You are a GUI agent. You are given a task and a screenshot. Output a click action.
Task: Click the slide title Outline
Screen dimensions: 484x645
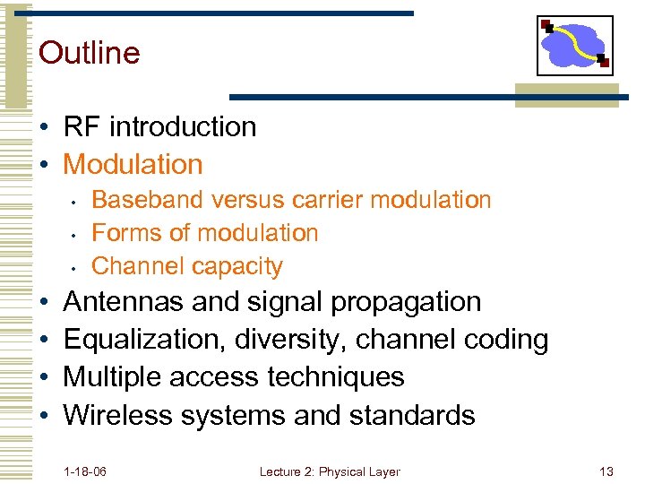tap(90, 53)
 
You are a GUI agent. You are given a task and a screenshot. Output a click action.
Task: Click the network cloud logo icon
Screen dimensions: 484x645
tap(574, 45)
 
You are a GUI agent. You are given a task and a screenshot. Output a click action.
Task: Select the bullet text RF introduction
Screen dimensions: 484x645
tap(159, 127)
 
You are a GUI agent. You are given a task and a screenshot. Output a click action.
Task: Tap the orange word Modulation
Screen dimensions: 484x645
tap(133, 165)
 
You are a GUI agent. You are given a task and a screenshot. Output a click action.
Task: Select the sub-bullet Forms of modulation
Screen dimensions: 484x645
tap(205, 233)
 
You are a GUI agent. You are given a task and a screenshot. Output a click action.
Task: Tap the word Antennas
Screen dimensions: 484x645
tap(125, 302)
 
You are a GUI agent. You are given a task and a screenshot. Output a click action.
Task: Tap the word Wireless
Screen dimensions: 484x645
tap(118, 415)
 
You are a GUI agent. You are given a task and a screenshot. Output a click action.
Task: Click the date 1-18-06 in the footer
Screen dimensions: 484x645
tap(85, 471)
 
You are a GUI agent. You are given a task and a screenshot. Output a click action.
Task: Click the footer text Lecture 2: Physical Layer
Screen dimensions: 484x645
tap(330, 471)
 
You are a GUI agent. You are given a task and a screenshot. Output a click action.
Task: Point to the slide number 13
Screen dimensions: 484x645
tap(606, 471)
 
